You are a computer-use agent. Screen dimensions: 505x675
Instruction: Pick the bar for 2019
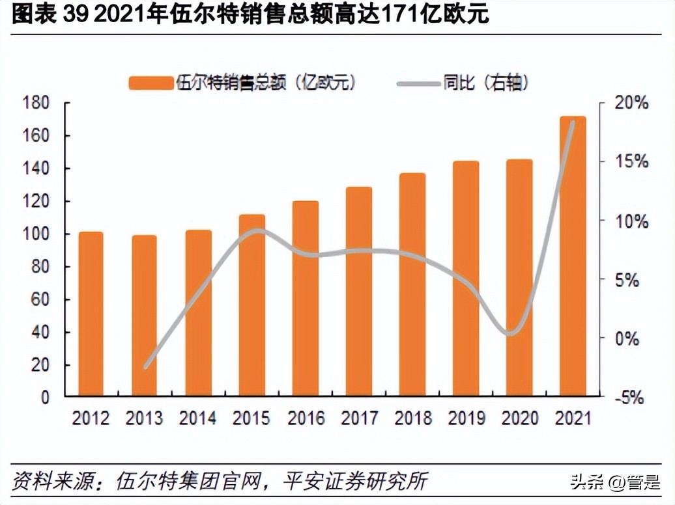click(x=466, y=278)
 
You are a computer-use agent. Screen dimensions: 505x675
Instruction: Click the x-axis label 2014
click(x=198, y=418)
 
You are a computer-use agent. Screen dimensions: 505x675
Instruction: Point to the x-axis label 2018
click(x=412, y=418)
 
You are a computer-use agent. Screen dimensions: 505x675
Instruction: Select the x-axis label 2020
click(x=519, y=418)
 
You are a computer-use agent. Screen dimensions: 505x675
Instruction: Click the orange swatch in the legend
click(x=150, y=83)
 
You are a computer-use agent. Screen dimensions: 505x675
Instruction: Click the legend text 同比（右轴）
click(x=485, y=83)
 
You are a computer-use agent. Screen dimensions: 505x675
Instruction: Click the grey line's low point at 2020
click(x=512, y=333)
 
